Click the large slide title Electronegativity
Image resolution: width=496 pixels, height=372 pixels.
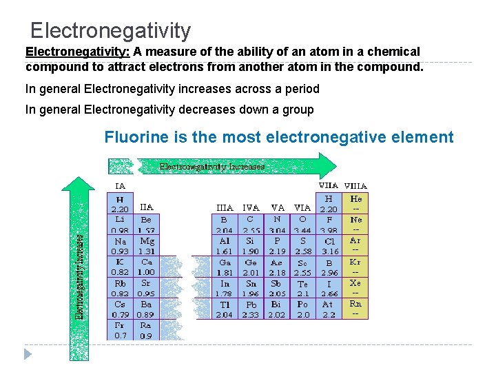click(x=110, y=30)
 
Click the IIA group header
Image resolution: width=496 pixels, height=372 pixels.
click(x=147, y=206)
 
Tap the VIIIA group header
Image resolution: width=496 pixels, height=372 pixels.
click(x=355, y=185)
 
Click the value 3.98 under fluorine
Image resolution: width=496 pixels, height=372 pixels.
click(x=329, y=230)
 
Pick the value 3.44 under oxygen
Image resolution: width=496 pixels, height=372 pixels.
click(x=303, y=230)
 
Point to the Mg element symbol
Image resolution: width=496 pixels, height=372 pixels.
click(x=147, y=241)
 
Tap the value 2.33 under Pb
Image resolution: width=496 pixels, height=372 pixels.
click(x=250, y=315)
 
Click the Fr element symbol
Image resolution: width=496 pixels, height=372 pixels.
click(x=120, y=325)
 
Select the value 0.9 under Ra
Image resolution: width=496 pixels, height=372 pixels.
click(x=146, y=335)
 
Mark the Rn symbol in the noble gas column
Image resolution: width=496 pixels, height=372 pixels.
click(x=355, y=303)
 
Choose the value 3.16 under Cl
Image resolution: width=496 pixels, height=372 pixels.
click(x=329, y=251)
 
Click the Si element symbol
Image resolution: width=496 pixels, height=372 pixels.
click(x=250, y=241)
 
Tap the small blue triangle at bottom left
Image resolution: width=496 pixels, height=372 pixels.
click(x=28, y=354)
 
